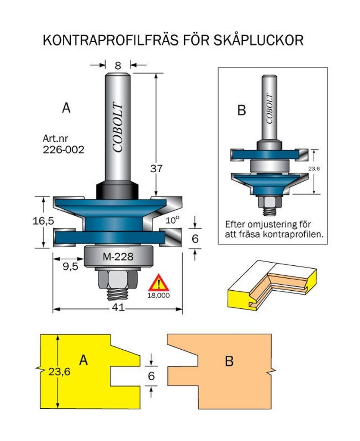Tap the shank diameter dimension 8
point(118,65)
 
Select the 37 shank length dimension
point(157,168)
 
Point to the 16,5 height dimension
point(43,221)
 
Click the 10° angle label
point(172,220)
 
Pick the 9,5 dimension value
point(70,266)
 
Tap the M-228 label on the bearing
point(118,257)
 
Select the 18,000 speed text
point(159,295)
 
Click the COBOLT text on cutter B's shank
point(269,109)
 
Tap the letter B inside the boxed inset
point(241,111)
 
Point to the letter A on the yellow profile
point(84,360)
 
